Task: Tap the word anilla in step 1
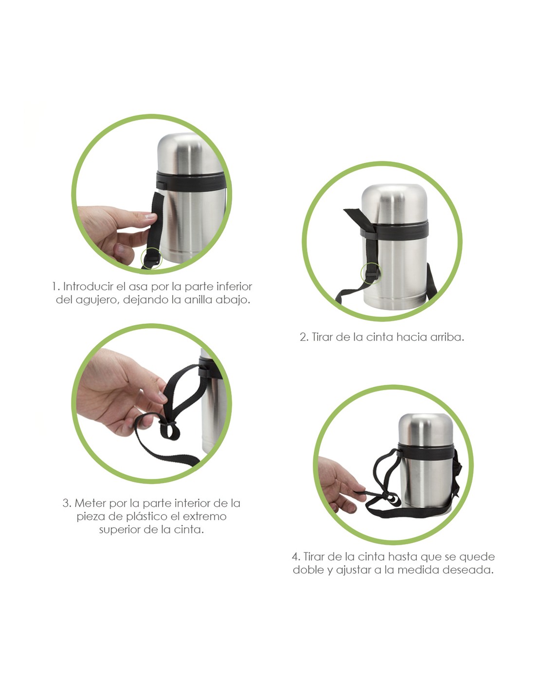click(200, 299)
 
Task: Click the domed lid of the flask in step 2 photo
click(394, 204)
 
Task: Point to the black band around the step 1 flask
click(190, 182)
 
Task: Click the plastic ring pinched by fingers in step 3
click(168, 423)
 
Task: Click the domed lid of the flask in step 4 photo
click(425, 429)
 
